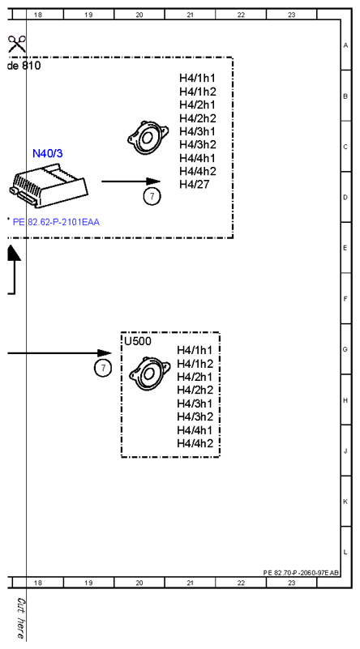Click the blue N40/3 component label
(48, 154)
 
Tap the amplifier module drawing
(48, 186)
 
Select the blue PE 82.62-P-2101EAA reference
(56, 222)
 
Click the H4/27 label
(195, 185)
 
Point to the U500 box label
(138, 341)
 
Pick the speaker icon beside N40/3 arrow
(148, 138)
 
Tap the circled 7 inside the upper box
(152, 196)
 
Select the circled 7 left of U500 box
(103, 368)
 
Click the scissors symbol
(16, 44)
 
